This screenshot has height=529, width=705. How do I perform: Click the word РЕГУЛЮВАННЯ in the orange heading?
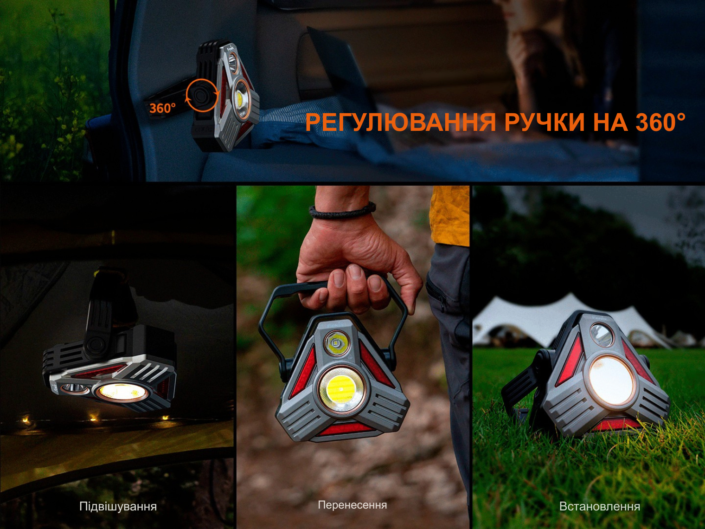click(x=401, y=123)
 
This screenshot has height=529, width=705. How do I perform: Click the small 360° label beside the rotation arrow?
click(x=162, y=108)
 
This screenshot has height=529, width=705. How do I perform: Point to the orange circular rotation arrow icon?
click(x=202, y=96)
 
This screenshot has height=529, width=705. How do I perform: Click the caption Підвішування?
click(x=118, y=507)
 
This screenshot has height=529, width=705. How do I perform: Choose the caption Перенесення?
click(x=352, y=505)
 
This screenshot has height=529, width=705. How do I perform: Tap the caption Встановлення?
click(x=599, y=507)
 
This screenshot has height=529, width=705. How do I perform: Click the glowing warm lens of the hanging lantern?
click(x=122, y=392)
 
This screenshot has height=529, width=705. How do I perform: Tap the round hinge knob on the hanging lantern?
click(x=95, y=346)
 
